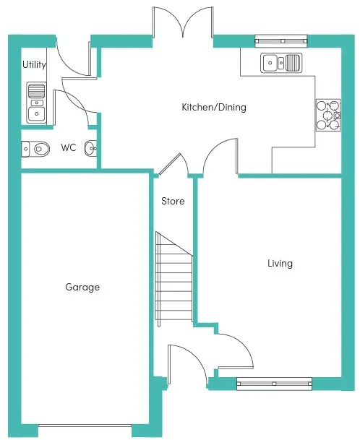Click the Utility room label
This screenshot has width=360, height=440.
[x=34, y=65]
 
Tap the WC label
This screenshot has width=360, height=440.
[x=69, y=147]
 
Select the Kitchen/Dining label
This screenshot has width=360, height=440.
[x=214, y=107]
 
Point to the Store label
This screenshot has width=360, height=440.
[x=173, y=201]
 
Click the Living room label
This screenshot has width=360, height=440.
[x=280, y=264]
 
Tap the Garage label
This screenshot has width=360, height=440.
[x=82, y=287]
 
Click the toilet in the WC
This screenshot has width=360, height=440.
[x=35, y=149]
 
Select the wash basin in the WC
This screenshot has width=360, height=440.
[x=90, y=148]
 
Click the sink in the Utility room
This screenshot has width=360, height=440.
[x=36, y=103]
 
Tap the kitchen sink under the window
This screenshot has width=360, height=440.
[x=281, y=63]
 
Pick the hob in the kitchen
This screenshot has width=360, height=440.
[x=328, y=115]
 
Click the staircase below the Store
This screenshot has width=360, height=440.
[x=173, y=279]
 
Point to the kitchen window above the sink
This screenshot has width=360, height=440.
[x=281, y=41]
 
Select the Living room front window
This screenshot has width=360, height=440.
[x=275, y=384]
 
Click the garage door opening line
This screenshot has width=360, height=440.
[x=85, y=426]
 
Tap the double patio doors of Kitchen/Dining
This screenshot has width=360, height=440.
[x=183, y=22]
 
